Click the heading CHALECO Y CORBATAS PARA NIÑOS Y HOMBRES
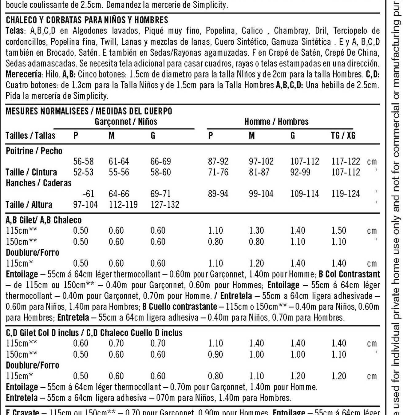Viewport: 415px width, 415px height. (x=87, y=20)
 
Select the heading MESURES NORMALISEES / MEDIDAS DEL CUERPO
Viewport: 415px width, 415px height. (x=89, y=111)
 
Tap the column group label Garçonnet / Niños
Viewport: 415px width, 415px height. (x=126, y=122)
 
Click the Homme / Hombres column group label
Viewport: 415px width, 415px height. (x=276, y=122)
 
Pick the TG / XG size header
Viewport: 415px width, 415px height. (x=343, y=136)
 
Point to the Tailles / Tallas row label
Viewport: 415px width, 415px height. (x=30, y=136)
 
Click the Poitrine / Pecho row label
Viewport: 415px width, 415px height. (x=34, y=151)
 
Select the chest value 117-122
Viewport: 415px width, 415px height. (x=346, y=161)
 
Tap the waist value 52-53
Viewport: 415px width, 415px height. (x=83, y=172)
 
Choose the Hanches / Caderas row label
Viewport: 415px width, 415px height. (x=39, y=183)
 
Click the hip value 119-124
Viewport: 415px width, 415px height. (x=346, y=194)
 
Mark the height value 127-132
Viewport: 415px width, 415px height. (x=165, y=205)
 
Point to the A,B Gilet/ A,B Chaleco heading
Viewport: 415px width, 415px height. (x=44, y=220)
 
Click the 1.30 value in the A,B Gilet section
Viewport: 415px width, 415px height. (x=256, y=231)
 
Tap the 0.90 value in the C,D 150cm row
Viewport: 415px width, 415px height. (x=215, y=354)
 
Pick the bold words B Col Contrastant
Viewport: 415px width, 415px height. (x=349, y=274)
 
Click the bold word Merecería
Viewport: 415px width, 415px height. (x=24, y=74)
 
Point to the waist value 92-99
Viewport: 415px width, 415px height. (x=300, y=172)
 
